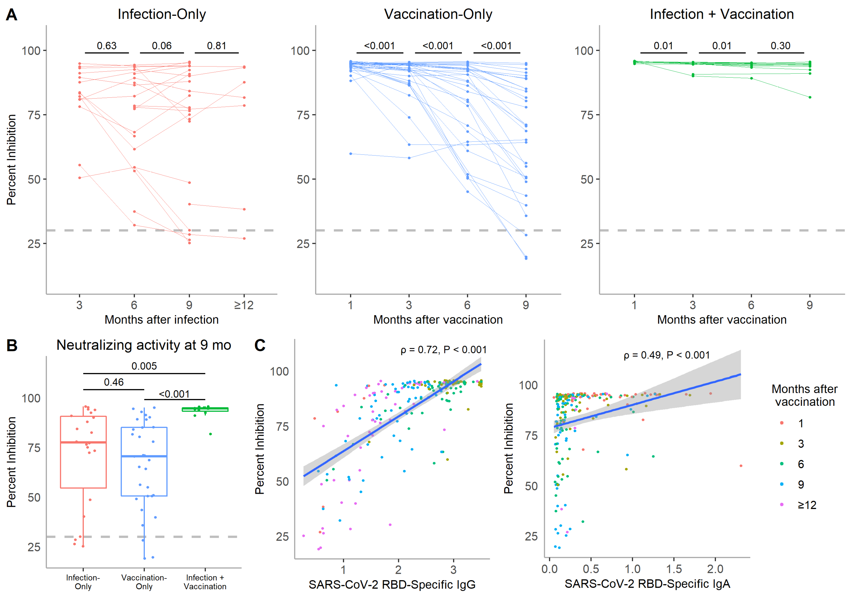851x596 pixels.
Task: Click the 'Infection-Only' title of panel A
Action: pyautogui.click(x=162, y=14)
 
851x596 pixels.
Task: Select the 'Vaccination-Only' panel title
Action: pyautogui.click(x=438, y=14)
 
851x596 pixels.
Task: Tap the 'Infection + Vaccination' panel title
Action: pyautogui.click(x=722, y=14)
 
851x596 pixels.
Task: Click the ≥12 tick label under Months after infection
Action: pyautogui.click(x=244, y=305)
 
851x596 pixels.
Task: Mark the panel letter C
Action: pyautogui.click(x=260, y=345)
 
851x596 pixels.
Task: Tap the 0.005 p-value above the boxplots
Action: pyautogui.click(x=144, y=366)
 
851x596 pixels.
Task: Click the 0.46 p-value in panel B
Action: pyautogui.click(x=114, y=382)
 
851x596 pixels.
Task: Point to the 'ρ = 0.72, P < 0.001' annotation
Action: pyautogui.click(x=443, y=350)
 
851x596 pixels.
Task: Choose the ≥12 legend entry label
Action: pyautogui.click(x=807, y=505)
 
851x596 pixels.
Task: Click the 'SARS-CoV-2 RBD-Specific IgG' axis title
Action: pyautogui.click(x=392, y=584)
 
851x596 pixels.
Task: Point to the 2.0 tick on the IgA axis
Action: pyautogui.click(x=715, y=569)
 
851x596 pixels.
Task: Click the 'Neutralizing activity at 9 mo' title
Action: pyautogui.click(x=144, y=345)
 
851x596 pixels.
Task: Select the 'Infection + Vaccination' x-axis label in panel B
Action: pyautogui.click(x=205, y=582)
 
